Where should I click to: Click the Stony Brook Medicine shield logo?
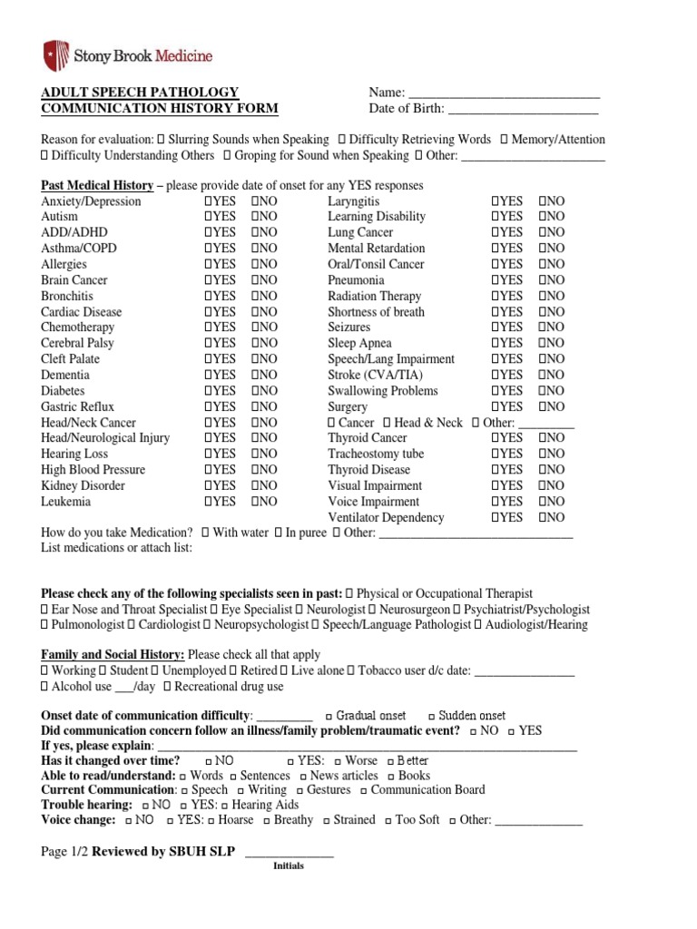(56, 55)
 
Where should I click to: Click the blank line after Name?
(504, 93)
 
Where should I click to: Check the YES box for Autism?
(209, 217)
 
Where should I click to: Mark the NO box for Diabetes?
(255, 391)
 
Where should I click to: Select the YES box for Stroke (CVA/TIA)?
(496, 375)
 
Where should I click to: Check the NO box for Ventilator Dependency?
(542, 517)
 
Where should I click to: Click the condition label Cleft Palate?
(71, 359)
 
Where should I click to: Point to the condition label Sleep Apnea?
(359, 343)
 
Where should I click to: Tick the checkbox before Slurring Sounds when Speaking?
(161, 140)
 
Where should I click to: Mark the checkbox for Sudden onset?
(432, 716)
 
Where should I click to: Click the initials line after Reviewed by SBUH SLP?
(290, 852)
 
